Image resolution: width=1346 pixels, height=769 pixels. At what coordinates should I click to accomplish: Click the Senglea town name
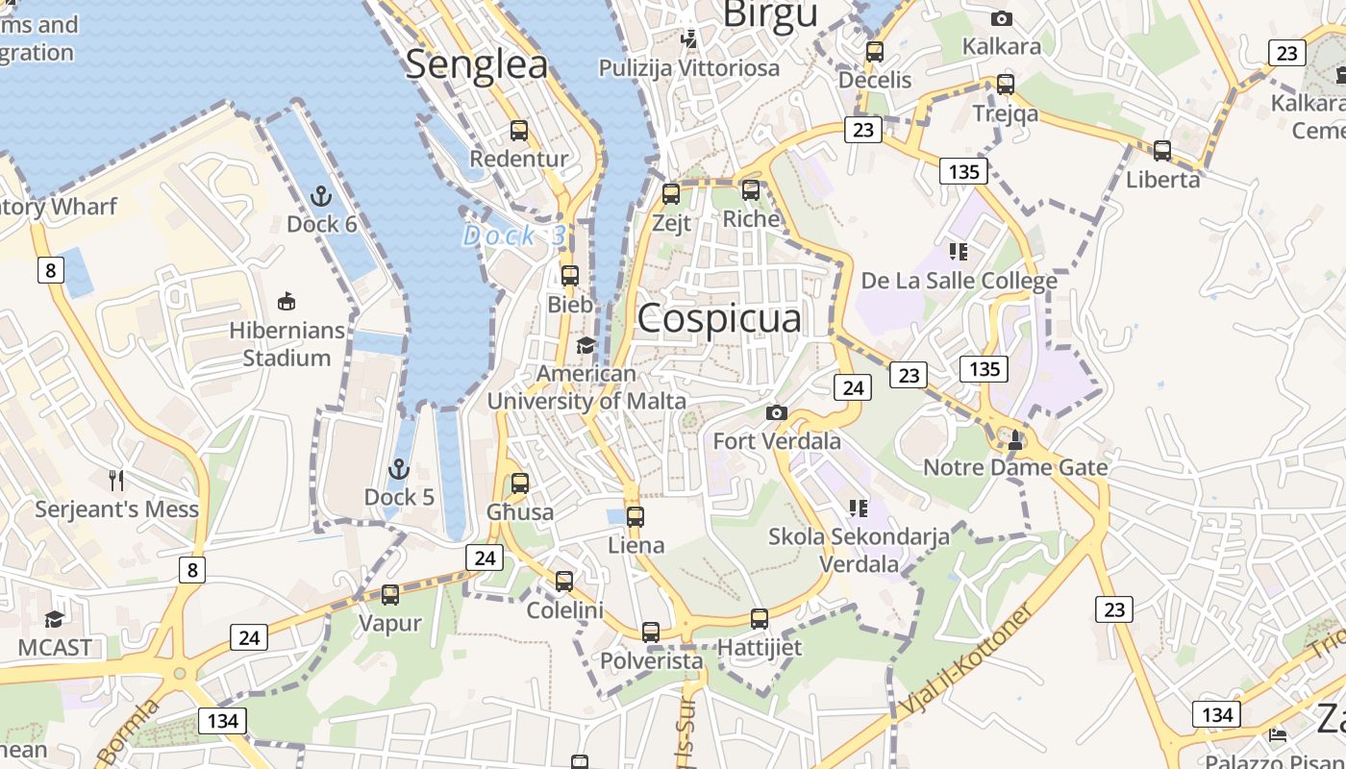coord(476,64)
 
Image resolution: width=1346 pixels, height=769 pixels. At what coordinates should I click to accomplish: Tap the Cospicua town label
coord(718,318)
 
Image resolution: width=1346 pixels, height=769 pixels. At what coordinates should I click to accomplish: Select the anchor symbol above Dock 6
coord(321,197)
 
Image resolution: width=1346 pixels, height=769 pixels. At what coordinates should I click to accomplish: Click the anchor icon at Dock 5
coord(398,469)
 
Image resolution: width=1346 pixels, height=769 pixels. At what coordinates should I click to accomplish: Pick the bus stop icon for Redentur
coord(519,131)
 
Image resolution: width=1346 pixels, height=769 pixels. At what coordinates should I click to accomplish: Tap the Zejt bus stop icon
coord(671,194)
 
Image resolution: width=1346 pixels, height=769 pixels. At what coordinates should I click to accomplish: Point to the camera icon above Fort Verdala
coord(777,413)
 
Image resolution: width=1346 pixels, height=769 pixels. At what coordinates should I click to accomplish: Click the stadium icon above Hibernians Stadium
coord(286,302)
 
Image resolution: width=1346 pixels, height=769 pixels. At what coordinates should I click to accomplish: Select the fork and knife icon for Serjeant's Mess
coord(116,480)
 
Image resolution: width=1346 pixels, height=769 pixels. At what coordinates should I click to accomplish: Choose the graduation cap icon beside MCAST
coord(55,618)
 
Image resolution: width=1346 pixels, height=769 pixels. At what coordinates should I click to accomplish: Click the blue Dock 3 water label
coord(514,236)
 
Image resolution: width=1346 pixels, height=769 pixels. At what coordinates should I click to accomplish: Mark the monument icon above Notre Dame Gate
coord(1015,439)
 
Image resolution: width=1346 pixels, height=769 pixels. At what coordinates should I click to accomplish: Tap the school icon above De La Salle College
coord(958,252)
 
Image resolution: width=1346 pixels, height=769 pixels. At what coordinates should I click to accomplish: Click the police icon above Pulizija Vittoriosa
coord(689,39)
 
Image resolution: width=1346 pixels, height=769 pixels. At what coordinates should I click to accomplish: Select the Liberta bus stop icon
coord(1162,151)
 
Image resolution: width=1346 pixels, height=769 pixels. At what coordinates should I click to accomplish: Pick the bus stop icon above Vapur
coord(390,595)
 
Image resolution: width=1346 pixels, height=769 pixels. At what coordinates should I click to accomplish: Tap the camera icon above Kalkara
coord(1002,18)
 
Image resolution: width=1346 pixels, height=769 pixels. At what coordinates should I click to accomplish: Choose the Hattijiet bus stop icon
coord(760,619)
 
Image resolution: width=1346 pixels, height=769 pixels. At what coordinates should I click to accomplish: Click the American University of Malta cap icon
coord(586,345)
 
